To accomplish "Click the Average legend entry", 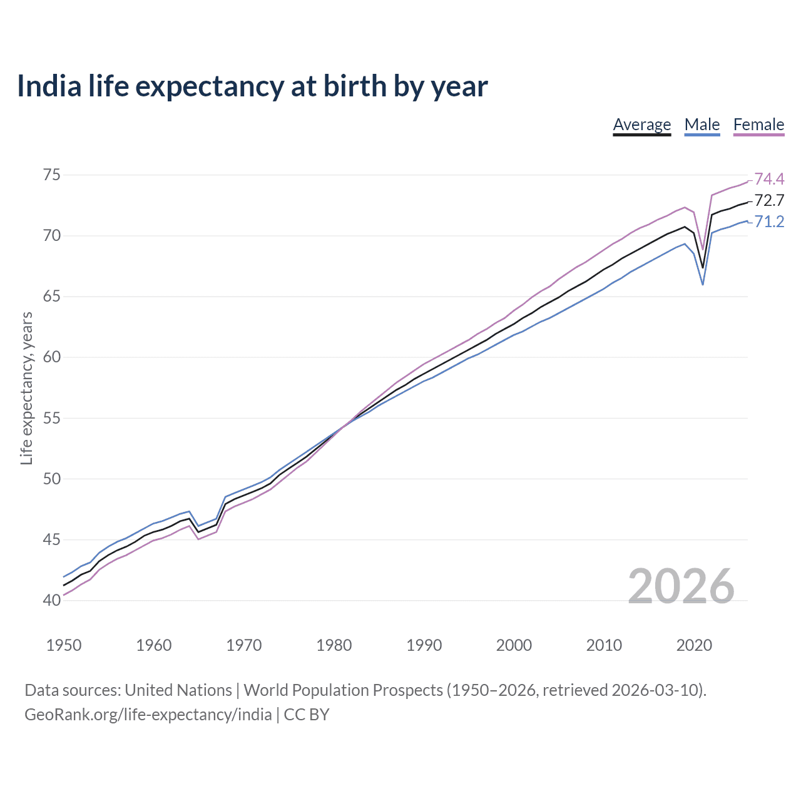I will pyautogui.click(x=641, y=125).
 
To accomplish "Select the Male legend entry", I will pyautogui.click(x=702, y=125).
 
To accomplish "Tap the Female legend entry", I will pyautogui.click(x=758, y=125).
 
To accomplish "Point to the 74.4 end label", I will pyautogui.click(x=769, y=180).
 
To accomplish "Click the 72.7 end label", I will pyautogui.click(x=769, y=201).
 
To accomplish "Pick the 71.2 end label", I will pyautogui.click(x=769, y=222).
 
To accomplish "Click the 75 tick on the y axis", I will pyautogui.click(x=51, y=175).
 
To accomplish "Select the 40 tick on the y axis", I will pyautogui.click(x=51, y=600).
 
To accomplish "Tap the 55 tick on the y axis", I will pyautogui.click(x=51, y=418).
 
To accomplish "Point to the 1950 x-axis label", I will pyautogui.click(x=64, y=645).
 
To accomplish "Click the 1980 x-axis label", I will pyautogui.click(x=334, y=645).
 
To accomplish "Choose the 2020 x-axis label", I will pyautogui.click(x=694, y=645).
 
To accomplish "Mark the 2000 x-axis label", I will pyautogui.click(x=514, y=645).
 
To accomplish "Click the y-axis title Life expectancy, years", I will pyautogui.click(x=26, y=389).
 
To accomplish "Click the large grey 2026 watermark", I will pyautogui.click(x=681, y=586).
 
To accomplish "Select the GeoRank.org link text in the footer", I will pyautogui.click(x=148, y=715).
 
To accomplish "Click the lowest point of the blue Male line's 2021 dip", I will pyautogui.click(x=703, y=285).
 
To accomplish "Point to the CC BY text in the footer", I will pyautogui.click(x=307, y=715).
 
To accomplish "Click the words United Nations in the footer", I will pyautogui.click(x=178, y=690).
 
